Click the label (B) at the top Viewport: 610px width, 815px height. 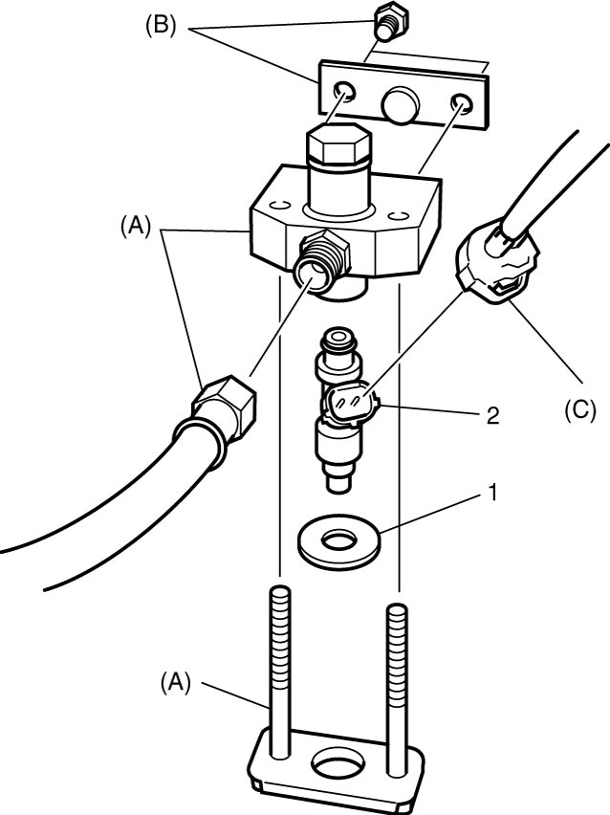tap(161, 26)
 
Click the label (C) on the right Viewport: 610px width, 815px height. tap(579, 409)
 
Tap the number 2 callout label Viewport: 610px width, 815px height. tap(492, 415)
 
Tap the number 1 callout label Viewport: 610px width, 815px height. tap(492, 493)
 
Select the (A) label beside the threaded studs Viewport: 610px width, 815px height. tap(176, 682)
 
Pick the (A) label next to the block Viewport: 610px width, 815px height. tap(136, 227)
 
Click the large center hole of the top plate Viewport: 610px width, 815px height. tap(400, 104)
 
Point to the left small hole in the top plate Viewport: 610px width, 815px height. tap(344, 92)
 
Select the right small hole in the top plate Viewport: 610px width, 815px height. tap(462, 103)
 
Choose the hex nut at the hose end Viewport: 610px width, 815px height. tap(225, 406)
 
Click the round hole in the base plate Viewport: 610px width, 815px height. tap(338, 764)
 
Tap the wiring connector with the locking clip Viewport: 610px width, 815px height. tap(497, 262)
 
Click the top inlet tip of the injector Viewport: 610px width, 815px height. tap(338, 340)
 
